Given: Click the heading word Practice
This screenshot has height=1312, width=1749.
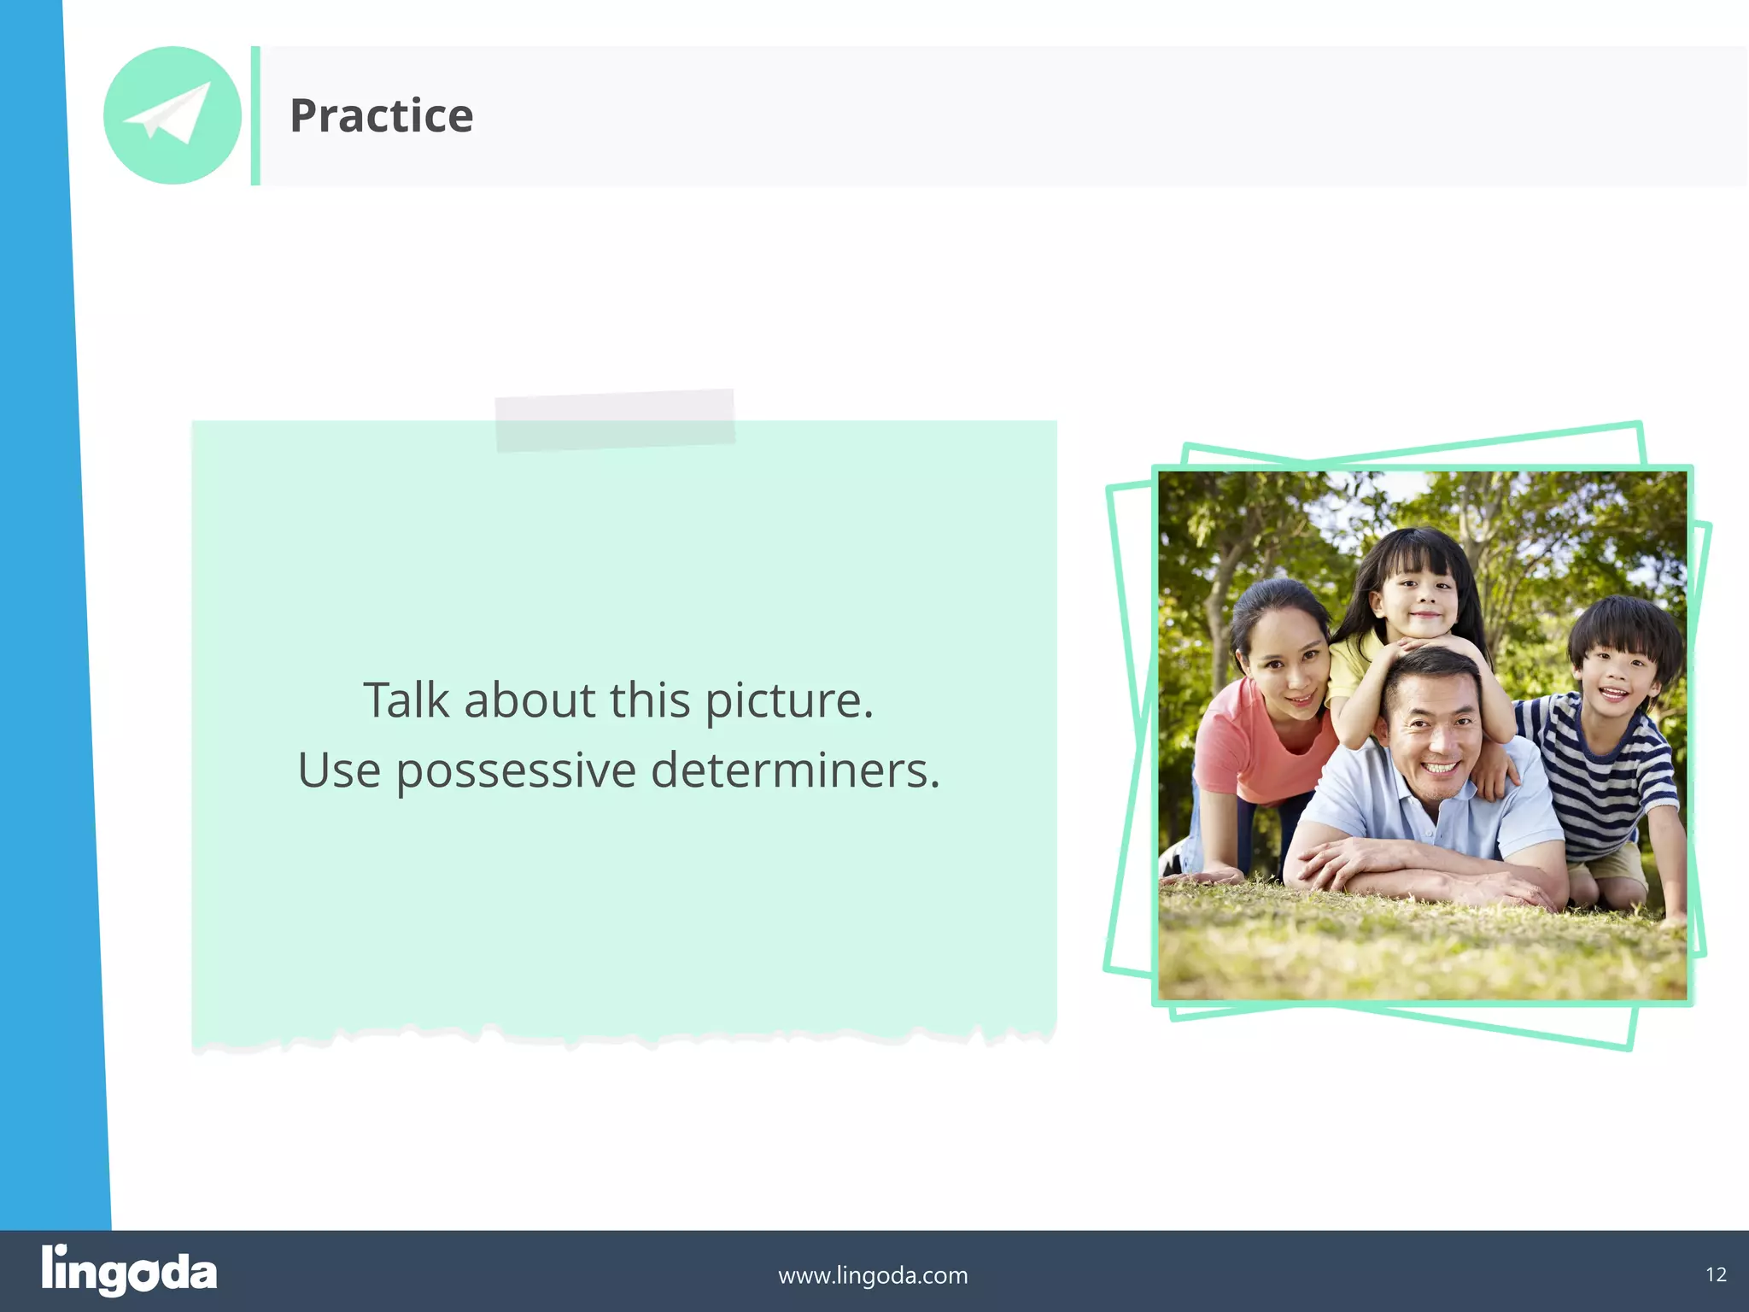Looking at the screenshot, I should (381, 116).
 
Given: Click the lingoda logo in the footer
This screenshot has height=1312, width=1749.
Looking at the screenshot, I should (129, 1271).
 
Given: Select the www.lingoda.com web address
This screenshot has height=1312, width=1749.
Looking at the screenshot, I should (873, 1275).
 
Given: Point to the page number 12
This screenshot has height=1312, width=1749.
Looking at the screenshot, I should (1716, 1275).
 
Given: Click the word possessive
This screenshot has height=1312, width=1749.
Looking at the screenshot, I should (516, 771).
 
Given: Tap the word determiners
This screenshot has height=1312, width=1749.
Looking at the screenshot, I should (794, 771).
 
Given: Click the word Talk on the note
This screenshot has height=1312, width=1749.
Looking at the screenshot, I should (406, 700).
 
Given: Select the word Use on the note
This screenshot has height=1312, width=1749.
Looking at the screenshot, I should (338, 771).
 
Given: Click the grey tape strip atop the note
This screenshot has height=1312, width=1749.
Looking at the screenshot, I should (615, 419).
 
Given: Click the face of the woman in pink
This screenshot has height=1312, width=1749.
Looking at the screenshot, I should (1283, 665).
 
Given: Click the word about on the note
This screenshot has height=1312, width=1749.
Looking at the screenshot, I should (529, 700).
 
